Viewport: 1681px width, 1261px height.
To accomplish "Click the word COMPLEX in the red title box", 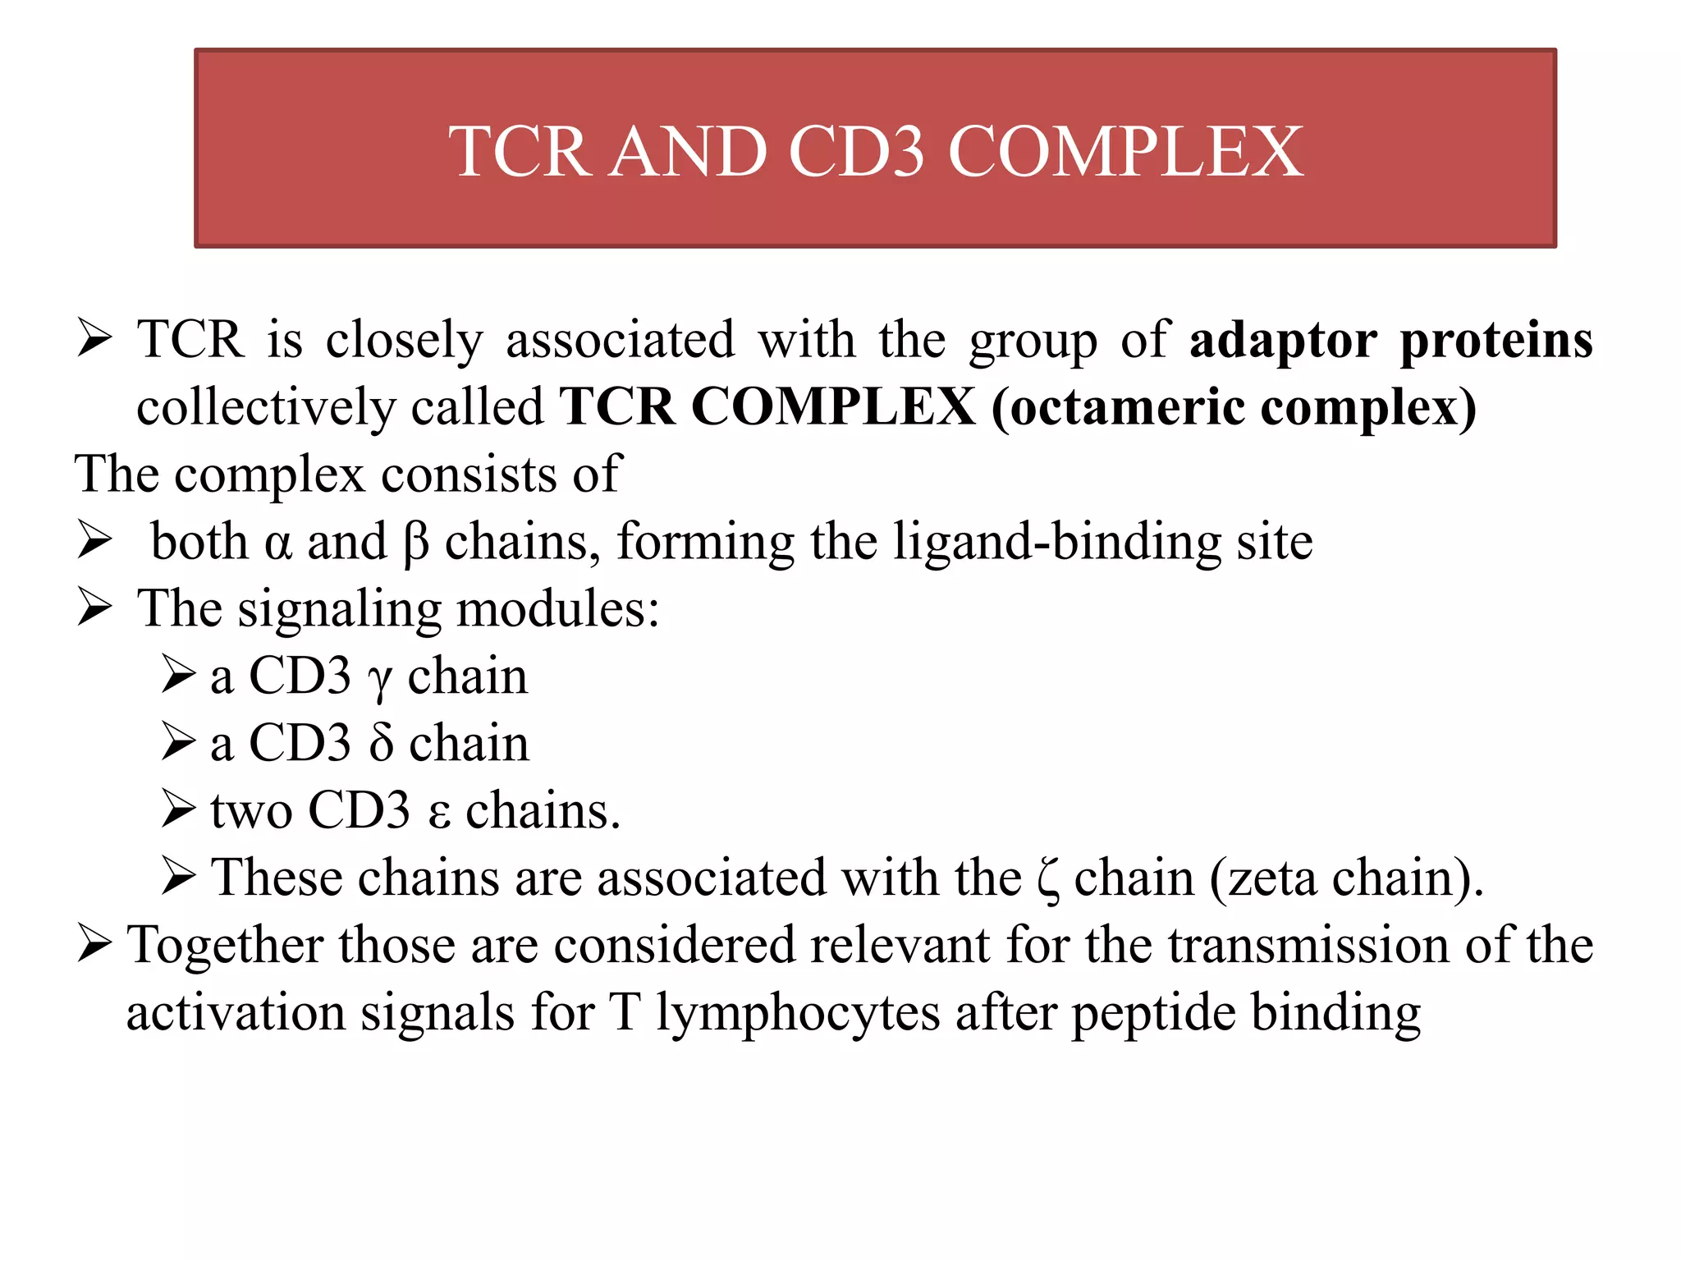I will tap(1125, 152).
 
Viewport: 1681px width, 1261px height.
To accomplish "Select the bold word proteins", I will tap(1496, 341).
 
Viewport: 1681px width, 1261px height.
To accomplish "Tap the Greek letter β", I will tap(416, 543).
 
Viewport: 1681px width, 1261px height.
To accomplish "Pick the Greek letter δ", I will tap(380, 744).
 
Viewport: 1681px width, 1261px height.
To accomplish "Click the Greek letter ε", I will tap(439, 813).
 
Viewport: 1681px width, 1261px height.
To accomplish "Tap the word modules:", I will tap(557, 610).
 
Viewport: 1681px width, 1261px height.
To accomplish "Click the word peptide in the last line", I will tap(1153, 1014).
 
